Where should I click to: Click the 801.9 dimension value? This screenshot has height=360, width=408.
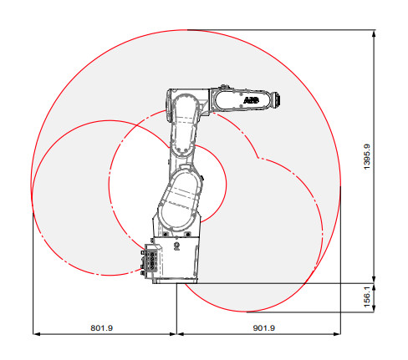tap(102, 328)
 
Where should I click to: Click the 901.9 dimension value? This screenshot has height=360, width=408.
tap(264, 328)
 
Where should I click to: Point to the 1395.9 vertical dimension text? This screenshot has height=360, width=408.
tap(367, 156)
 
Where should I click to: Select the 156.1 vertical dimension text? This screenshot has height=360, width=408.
tap(367, 297)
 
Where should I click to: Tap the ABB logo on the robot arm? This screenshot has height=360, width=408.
tap(251, 100)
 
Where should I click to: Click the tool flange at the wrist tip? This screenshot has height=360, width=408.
tap(277, 99)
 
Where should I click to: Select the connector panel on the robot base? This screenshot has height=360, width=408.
tap(150, 260)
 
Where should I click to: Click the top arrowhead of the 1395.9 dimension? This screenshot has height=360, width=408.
tap(374, 33)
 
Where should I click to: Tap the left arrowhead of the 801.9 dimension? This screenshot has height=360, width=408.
tap(37, 333)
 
